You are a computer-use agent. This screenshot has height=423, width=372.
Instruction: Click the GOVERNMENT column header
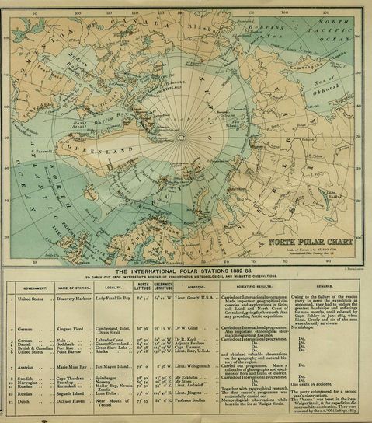(x=37, y=285)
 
